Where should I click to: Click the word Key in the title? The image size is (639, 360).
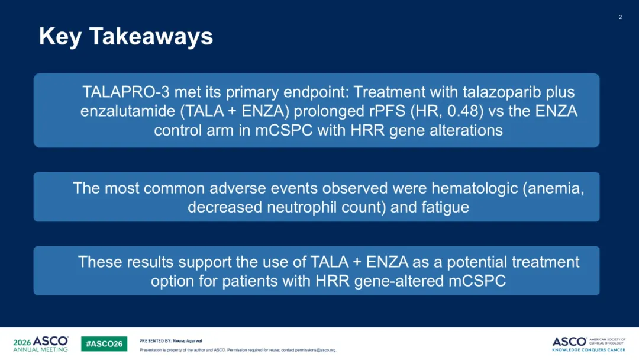tap(60, 37)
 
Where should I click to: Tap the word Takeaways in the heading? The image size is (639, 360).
tap(151, 37)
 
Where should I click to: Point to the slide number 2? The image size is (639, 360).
tap(620, 17)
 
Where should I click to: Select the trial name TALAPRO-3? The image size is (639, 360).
tap(126, 92)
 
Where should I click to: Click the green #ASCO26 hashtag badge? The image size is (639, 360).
tap(104, 343)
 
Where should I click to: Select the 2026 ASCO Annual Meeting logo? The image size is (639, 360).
tap(41, 343)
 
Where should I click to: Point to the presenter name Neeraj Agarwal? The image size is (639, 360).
tap(188, 341)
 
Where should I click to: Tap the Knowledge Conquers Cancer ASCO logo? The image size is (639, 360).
tap(589, 344)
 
